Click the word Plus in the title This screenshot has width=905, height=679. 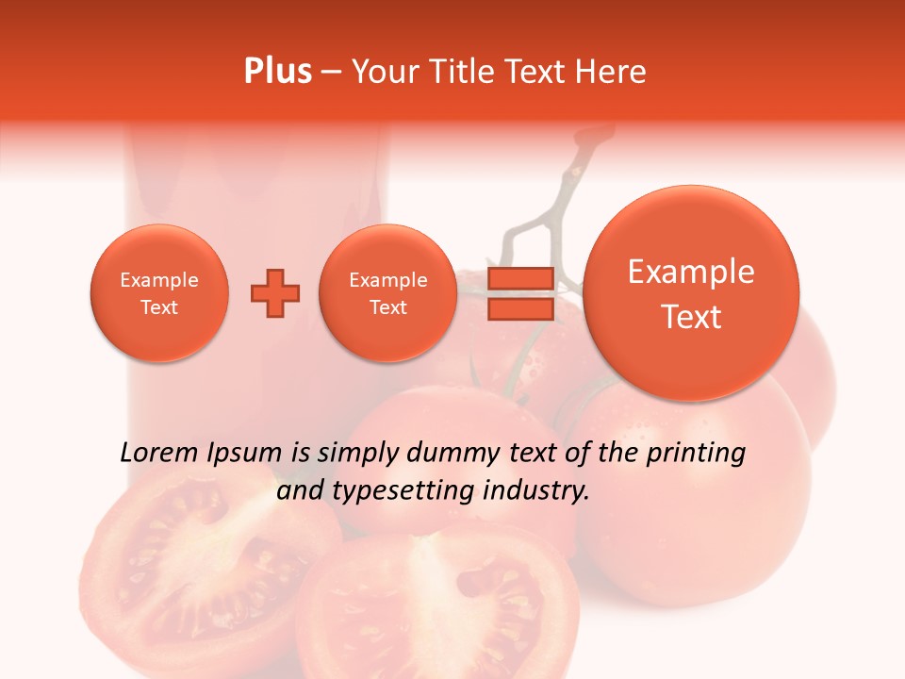coord(278,72)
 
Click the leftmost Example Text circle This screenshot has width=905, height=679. coord(159,293)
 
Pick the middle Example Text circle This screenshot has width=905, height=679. coord(388,293)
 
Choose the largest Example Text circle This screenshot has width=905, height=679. coord(691,293)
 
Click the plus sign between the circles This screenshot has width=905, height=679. coord(275,293)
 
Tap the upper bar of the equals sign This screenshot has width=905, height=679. coord(520,278)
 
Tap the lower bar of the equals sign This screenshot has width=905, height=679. coord(520,309)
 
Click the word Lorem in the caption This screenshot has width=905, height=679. coord(160,453)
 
